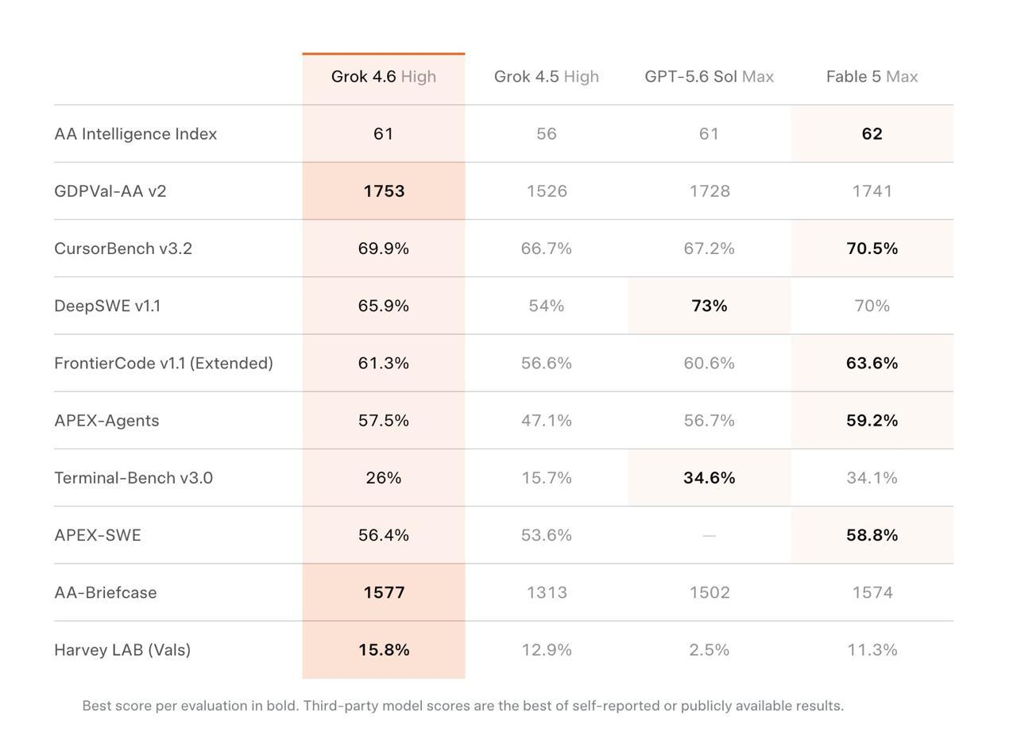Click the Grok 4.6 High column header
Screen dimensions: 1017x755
point(383,76)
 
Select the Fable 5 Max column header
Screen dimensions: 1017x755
point(872,76)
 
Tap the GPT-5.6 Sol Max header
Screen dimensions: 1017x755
point(709,76)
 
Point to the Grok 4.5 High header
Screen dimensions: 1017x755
point(546,76)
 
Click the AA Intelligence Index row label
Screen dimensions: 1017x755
point(135,134)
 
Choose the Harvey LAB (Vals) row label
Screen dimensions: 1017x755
point(122,649)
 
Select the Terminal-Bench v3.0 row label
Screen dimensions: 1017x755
point(133,478)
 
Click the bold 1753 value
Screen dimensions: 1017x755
point(384,191)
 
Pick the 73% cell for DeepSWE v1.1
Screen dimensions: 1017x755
point(710,306)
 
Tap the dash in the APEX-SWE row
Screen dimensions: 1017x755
point(709,535)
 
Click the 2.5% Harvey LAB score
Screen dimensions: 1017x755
point(709,649)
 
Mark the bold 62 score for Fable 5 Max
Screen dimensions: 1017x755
point(872,134)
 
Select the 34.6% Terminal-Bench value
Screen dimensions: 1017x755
point(710,478)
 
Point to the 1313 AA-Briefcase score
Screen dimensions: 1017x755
point(547,592)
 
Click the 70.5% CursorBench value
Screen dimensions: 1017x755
point(872,248)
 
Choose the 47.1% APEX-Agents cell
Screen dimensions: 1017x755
point(546,421)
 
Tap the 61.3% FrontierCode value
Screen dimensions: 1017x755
point(383,364)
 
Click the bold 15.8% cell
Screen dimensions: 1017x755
point(384,649)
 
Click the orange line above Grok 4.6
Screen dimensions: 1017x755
point(383,54)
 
